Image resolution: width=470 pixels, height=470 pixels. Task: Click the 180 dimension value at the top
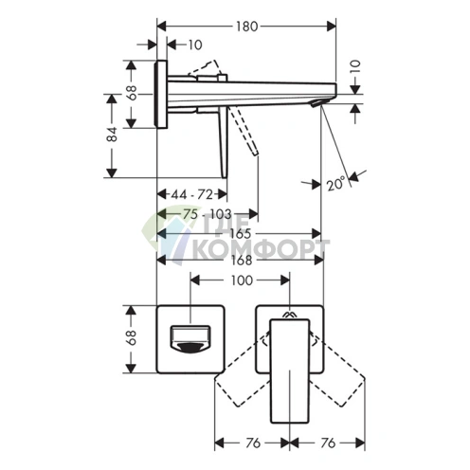coord(247,27)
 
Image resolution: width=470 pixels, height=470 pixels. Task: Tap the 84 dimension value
coord(112,135)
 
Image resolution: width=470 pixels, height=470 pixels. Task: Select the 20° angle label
coord(335,184)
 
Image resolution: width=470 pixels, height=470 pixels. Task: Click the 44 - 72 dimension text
coord(192,194)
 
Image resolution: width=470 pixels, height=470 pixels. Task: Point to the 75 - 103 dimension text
coord(208,214)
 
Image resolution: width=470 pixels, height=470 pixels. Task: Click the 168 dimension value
coord(242,261)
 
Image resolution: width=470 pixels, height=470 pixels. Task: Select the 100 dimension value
coord(242,280)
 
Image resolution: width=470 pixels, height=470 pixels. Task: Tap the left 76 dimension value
coord(253,443)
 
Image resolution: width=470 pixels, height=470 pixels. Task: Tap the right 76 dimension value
coord(328,443)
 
